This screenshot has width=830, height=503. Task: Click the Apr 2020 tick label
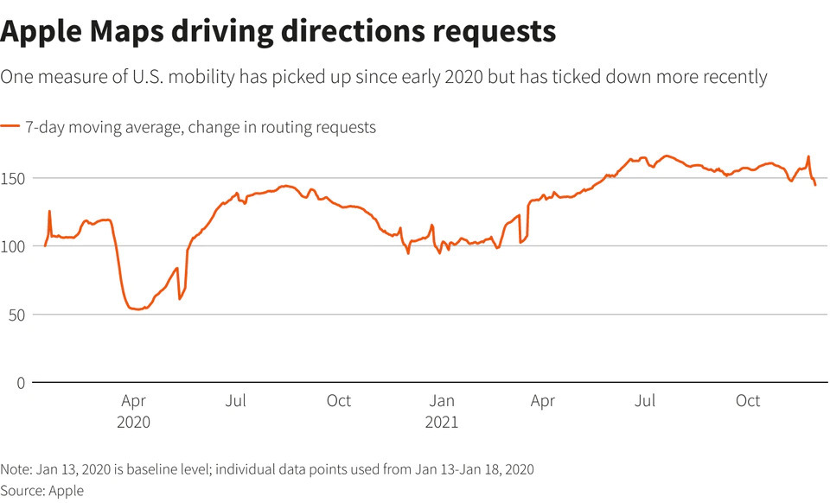click(134, 411)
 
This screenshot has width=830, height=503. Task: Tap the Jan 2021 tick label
click(442, 411)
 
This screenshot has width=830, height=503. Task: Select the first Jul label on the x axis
click(236, 401)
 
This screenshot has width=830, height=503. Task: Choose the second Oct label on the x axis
click(748, 401)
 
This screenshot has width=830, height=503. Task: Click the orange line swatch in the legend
click(10, 127)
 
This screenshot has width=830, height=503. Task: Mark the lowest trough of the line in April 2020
click(137, 309)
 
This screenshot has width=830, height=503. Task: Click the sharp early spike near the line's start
click(49, 211)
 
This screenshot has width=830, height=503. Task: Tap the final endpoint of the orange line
click(815, 185)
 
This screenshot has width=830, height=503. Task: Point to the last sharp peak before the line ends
click(808, 157)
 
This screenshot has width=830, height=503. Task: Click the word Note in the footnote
click(16, 469)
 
